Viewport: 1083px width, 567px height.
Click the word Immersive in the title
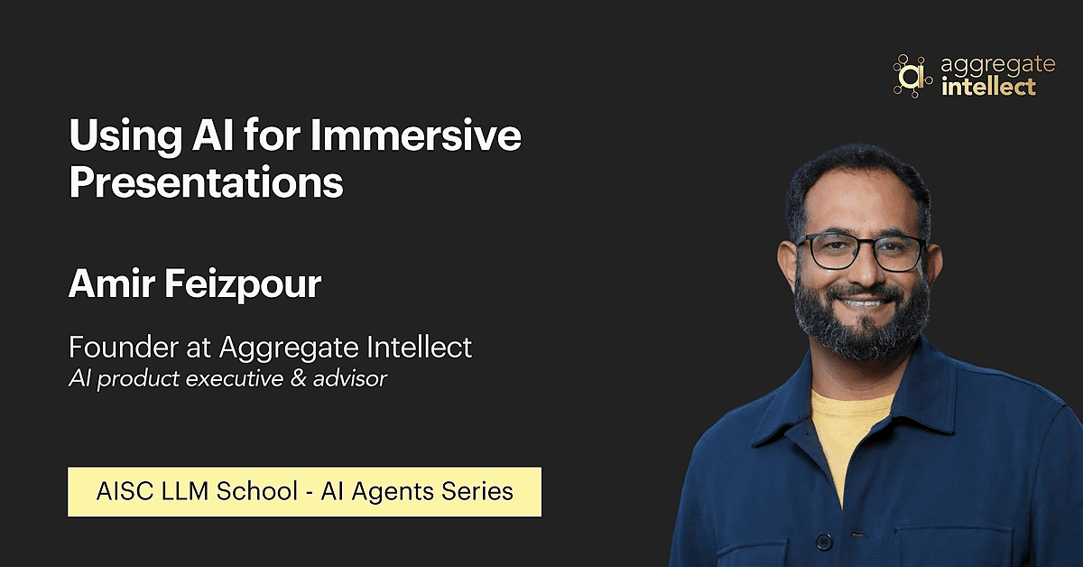(415, 135)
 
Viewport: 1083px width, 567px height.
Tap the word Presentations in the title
(206, 183)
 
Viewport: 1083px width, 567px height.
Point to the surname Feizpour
(243, 284)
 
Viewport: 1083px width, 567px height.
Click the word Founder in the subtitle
(124, 347)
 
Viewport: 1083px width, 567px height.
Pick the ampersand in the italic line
(298, 378)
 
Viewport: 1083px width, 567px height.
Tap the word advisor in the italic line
(350, 378)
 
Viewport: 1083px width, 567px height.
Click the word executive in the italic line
(235, 378)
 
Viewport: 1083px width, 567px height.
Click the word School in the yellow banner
(256, 491)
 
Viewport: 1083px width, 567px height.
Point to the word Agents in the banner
(393, 492)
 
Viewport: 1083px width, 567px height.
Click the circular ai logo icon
(912, 76)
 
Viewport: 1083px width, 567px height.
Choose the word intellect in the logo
(989, 87)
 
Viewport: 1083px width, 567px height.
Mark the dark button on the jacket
(824, 542)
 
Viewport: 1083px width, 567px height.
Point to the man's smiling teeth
(864, 303)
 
